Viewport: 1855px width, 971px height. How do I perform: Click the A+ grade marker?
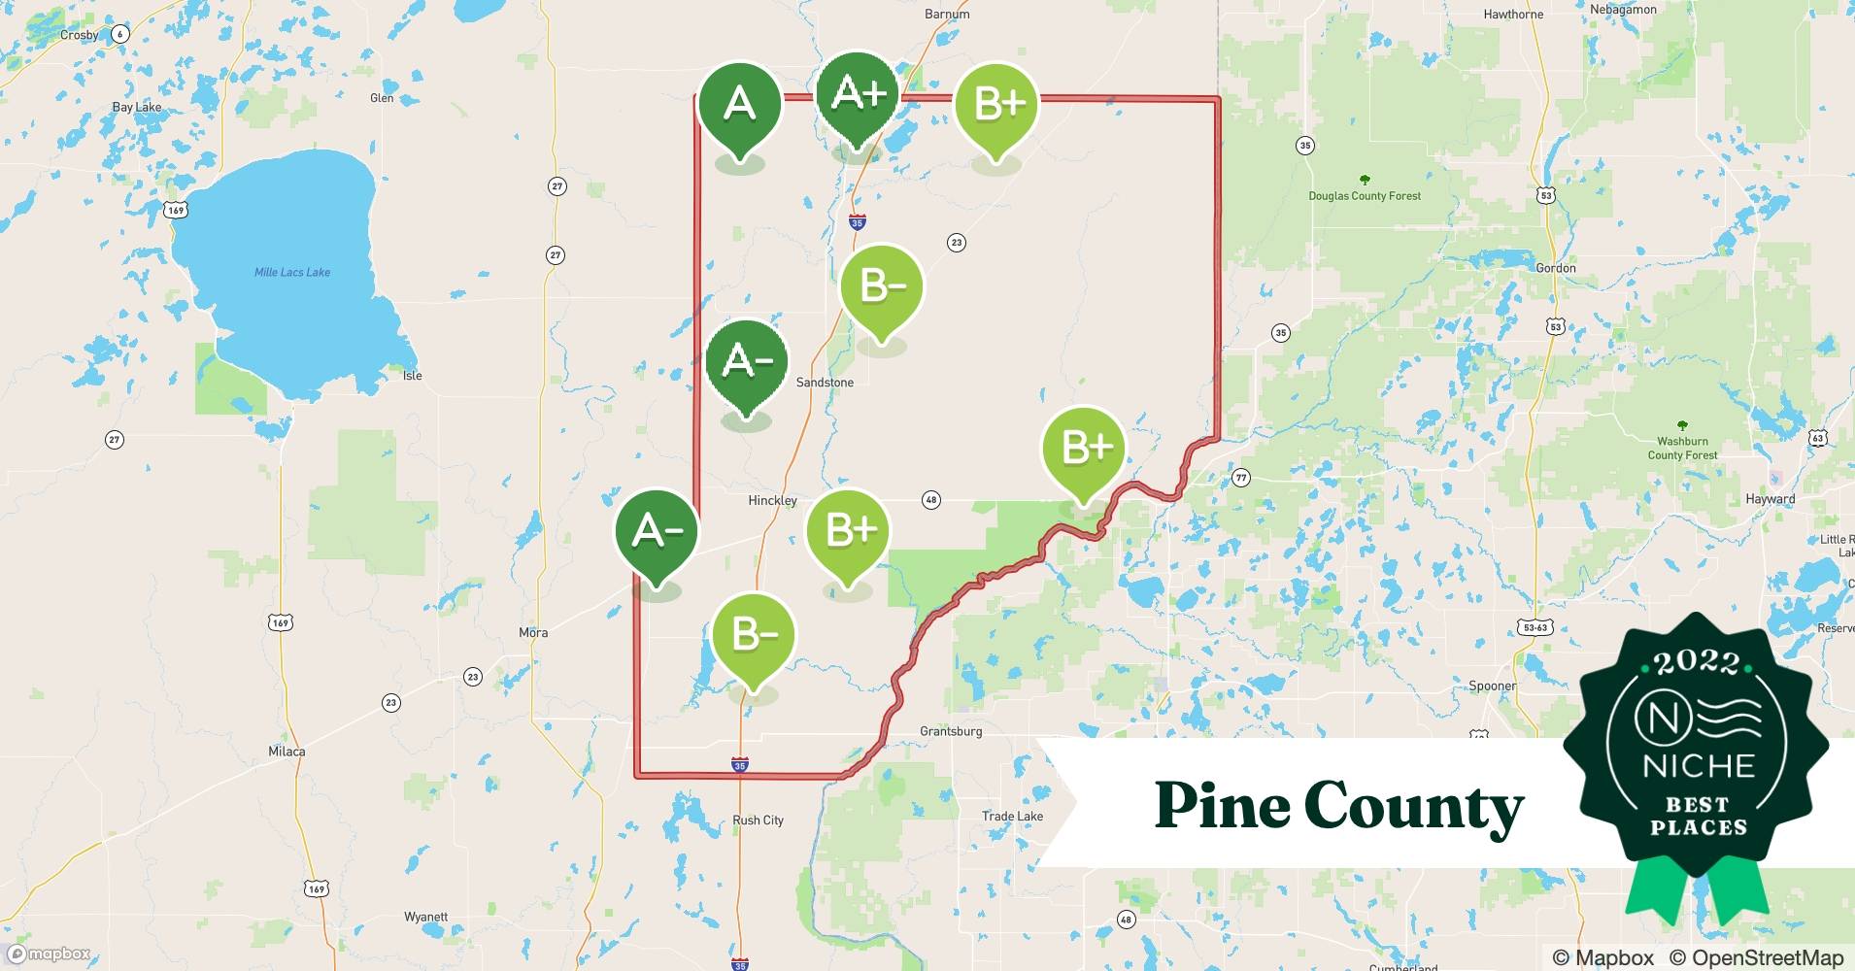858,94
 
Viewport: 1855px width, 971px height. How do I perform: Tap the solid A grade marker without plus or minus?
739,104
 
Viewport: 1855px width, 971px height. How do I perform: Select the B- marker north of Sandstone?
881,286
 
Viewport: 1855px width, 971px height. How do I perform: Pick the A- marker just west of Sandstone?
747,362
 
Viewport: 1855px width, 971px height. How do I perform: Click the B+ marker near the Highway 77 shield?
1083,449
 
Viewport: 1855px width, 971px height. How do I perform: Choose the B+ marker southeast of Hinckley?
848,531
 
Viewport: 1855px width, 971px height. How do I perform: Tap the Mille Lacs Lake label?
291,273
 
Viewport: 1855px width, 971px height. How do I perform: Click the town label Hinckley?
772,501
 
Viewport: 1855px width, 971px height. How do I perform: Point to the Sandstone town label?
825,383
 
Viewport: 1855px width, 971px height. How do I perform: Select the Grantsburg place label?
951,731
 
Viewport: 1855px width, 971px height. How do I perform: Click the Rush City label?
758,820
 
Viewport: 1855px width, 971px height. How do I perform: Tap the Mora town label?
533,633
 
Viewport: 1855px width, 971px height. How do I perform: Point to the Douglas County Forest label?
1364,196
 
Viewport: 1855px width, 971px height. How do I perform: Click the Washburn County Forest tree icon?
1682,426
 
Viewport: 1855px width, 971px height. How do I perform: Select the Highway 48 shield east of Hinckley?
930,500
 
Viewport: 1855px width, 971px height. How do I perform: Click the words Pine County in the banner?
1338,806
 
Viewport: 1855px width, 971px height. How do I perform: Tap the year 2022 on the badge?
1697,662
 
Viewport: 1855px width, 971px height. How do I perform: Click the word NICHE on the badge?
1699,766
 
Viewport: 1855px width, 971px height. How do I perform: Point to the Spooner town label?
1492,686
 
